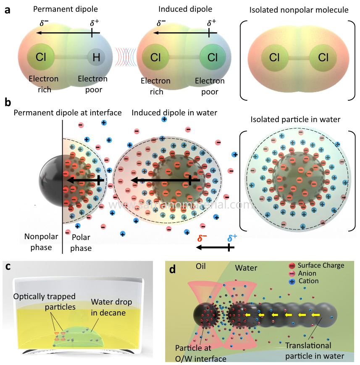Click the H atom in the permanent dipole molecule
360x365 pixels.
click(x=96, y=57)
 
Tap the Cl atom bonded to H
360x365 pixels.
click(x=41, y=57)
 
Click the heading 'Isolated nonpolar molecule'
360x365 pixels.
click(x=299, y=10)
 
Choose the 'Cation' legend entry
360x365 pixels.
click(x=308, y=281)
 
